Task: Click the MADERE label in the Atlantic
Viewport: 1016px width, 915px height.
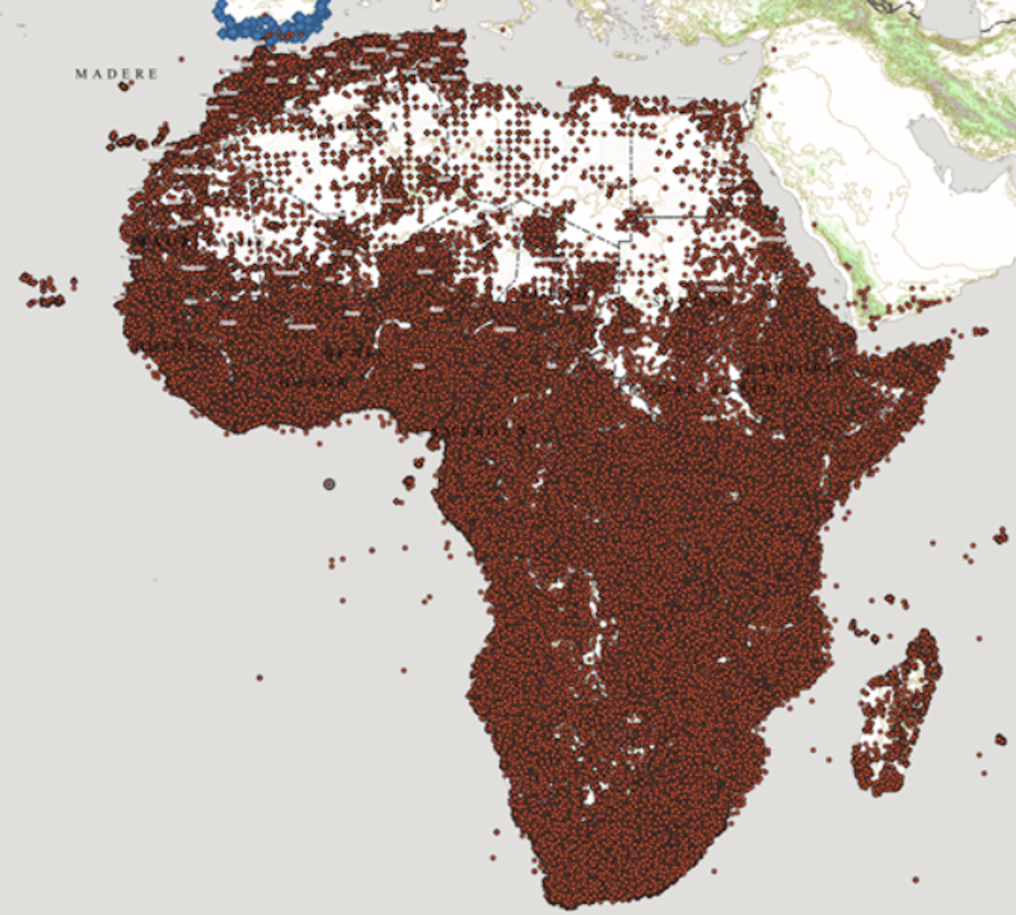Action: pos(116,74)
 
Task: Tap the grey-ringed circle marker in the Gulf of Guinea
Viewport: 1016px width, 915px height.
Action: pos(329,484)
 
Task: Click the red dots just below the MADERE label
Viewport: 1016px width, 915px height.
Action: pos(124,86)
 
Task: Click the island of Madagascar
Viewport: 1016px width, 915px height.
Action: pos(894,714)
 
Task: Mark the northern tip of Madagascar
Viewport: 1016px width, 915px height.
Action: pos(925,632)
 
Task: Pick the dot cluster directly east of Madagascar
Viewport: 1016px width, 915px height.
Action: pos(1000,739)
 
